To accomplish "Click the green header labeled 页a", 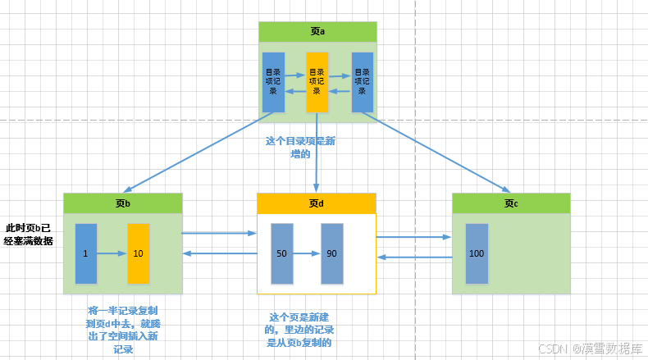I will click(x=317, y=32).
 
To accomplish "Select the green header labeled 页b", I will click(x=122, y=203).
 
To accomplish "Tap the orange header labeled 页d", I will click(x=317, y=203).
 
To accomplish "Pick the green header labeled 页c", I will click(x=511, y=203).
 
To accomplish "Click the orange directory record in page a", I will click(x=317, y=83).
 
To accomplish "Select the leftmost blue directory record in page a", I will click(x=273, y=83).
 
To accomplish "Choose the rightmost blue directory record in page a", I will click(x=362, y=83).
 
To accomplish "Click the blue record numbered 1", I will click(x=85, y=253).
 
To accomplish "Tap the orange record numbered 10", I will click(x=139, y=253).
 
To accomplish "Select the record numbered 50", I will click(x=281, y=253).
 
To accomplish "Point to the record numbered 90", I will click(x=331, y=253).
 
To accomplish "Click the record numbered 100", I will click(x=477, y=253).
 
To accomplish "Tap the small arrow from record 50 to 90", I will click(x=306, y=253).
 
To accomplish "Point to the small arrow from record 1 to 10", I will click(x=112, y=253).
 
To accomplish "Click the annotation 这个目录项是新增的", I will click(x=300, y=148).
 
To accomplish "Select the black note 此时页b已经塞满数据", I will click(x=29, y=234).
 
